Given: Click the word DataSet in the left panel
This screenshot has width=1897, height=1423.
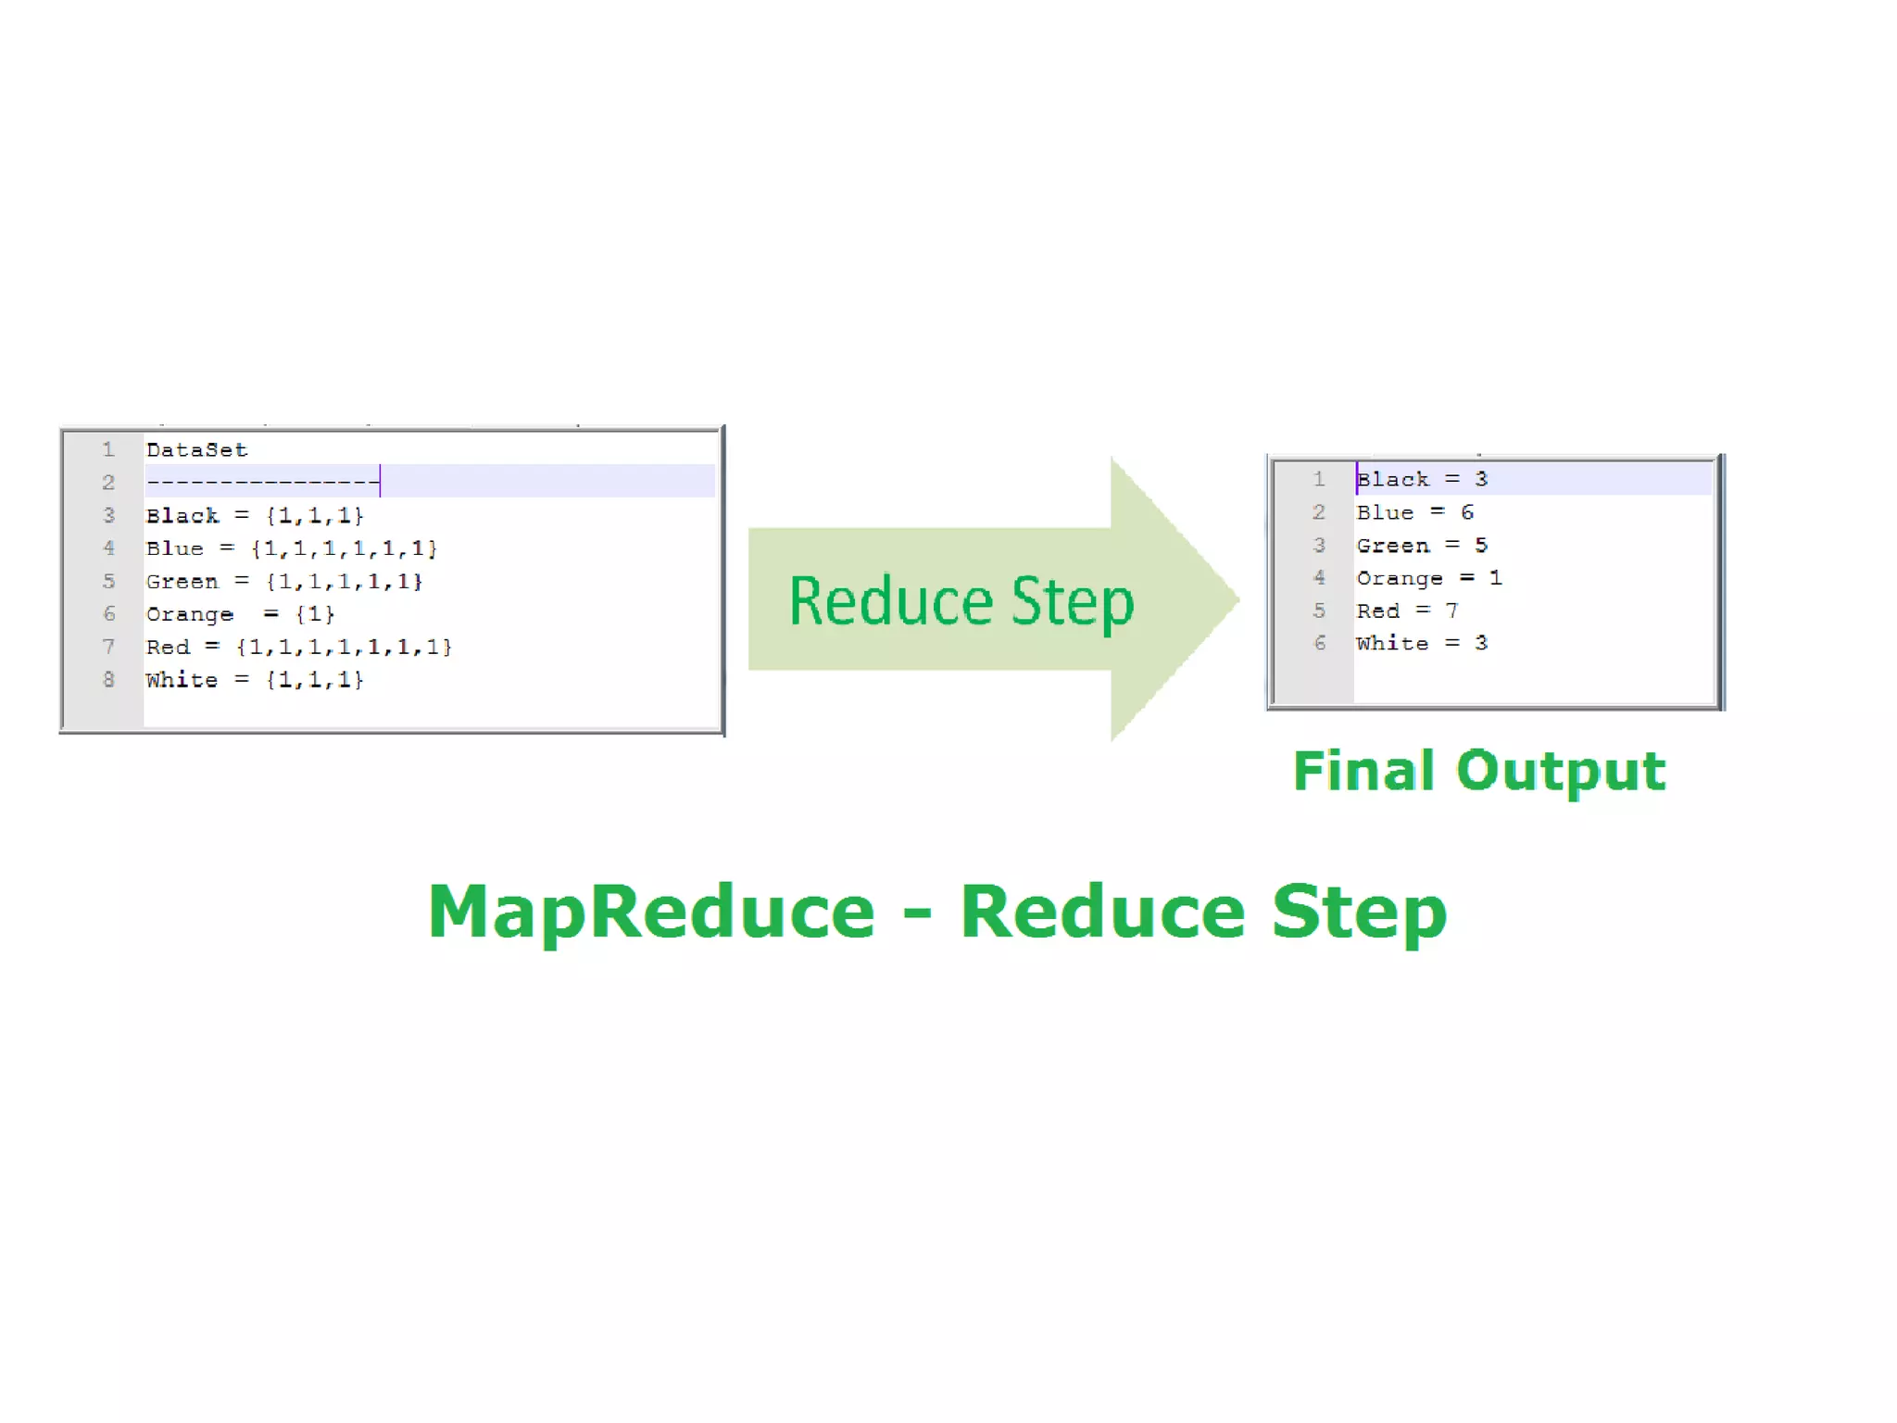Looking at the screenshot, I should coord(196,450).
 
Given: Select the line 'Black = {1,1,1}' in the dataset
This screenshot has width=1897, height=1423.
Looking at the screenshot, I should coord(255,516).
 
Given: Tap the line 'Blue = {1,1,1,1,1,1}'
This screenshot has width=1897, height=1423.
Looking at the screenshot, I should coord(291,548).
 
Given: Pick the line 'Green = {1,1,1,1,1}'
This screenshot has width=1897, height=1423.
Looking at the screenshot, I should coord(283,582).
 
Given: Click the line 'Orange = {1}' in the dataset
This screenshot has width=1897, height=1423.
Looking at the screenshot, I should coord(240,614).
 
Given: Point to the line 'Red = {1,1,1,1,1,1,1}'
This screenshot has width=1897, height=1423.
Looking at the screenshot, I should coord(298,647).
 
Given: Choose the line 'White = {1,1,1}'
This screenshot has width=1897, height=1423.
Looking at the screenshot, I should coord(255,680).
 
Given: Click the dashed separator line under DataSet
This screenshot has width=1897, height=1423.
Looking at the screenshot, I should coord(262,483).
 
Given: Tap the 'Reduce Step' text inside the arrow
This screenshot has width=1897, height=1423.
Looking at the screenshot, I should coord(961,602).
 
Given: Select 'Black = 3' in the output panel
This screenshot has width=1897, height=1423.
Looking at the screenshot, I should coord(1422,480).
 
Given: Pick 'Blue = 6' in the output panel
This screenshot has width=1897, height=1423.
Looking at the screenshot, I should coord(1414,512).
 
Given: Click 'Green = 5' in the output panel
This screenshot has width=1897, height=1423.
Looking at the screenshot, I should coord(1422,546).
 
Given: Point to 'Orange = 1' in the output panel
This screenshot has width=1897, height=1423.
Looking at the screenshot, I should coord(1428,578).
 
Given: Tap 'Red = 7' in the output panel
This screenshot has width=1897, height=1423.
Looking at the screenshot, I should coord(1407,611).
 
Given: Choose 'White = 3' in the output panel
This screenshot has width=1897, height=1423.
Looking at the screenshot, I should coord(1422,644).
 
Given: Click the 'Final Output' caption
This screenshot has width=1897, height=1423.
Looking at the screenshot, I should coord(1479,771).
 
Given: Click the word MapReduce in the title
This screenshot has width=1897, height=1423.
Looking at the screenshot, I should coord(651,913).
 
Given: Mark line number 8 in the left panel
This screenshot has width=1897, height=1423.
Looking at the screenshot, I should coord(108,680).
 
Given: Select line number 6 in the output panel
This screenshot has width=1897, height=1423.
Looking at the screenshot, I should coord(1320,644).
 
